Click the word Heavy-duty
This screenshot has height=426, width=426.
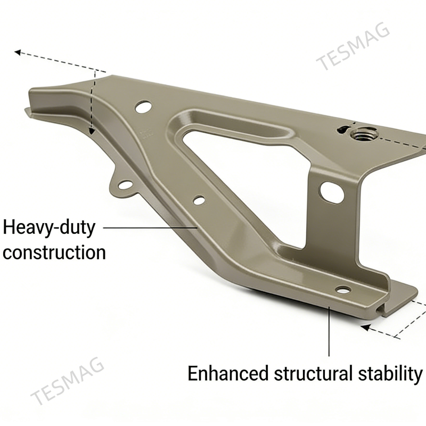click(50, 228)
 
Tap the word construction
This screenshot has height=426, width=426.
click(54, 252)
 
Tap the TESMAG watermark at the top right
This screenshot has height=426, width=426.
click(354, 47)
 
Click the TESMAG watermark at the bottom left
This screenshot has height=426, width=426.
click(68, 382)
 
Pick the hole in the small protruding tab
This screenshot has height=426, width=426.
click(126, 186)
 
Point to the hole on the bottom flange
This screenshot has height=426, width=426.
click(343, 291)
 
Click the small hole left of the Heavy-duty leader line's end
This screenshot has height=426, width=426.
click(199, 201)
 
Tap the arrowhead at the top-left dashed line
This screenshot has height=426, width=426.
click(18, 52)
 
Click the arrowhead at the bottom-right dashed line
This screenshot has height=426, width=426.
click(366, 326)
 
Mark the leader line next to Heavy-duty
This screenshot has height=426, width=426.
click(149, 227)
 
